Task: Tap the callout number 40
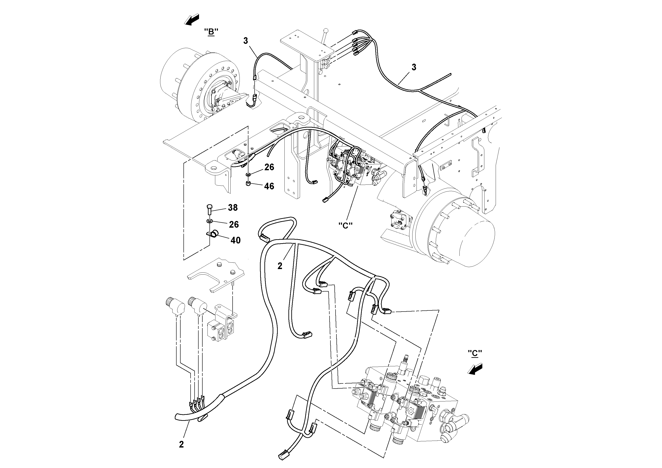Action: click(x=235, y=240)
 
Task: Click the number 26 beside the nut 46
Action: click(x=269, y=167)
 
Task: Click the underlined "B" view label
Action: click(x=211, y=32)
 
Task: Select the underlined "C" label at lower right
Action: click(x=475, y=353)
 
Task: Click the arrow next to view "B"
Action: click(x=192, y=20)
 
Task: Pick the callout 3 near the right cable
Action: click(x=414, y=67)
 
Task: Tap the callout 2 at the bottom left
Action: click(x=181, y=444)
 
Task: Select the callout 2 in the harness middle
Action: click(x=280, y=266)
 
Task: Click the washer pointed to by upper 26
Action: click(x=248, y=174)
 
